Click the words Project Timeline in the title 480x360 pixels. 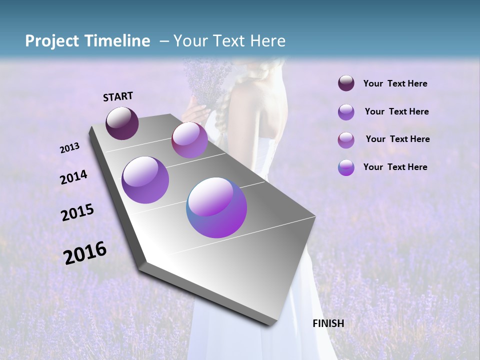click(x=87, y=41)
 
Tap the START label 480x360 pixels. click(x=118, y=96)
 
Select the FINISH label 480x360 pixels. click(x=328, y=323)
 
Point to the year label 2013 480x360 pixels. click(x=69, y=148)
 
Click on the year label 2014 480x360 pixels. click(x=73, y=177)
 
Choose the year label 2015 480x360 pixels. click(x=77, y=212)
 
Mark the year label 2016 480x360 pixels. click(x=85, y=253)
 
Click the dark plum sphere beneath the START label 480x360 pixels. click(x=122, y=123)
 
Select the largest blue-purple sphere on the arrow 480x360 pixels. click(x=216, y=207)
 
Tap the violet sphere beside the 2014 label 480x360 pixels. click(x=145, y=180)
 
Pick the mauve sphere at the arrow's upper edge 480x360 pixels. click(x=189, y=140)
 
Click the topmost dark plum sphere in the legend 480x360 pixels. click(x=346, y=83)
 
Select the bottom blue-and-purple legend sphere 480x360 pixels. click(x=346, y=167)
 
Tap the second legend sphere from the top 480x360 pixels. click(x=346, y=112)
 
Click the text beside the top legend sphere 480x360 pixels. click(x=395, y=84)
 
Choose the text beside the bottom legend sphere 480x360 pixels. click(x=395, y=167)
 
